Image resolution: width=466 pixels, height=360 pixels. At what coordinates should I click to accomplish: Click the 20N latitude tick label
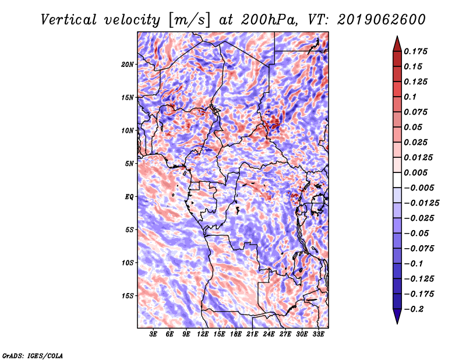128,64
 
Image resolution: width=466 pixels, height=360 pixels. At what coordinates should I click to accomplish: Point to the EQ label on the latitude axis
129,197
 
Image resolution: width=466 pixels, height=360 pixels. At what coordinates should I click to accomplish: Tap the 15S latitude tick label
128,296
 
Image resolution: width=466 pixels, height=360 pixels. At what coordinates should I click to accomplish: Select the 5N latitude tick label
129,164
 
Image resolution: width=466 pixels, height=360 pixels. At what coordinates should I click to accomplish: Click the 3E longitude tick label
154,335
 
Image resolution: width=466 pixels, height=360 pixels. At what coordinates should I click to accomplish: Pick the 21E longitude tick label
252,335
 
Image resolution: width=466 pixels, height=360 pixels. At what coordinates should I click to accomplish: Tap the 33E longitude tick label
318,335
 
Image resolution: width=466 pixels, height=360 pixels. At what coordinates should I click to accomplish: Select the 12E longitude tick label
203,335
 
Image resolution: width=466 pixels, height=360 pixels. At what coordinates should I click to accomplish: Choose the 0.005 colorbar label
417,172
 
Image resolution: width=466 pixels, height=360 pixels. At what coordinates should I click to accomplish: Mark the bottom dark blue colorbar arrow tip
397,322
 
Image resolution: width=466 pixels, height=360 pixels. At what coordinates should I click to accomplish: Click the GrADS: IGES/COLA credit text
32,355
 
